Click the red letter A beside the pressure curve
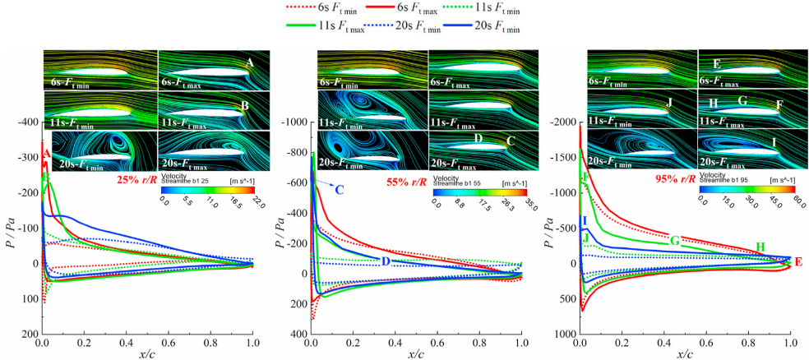click(47, 154)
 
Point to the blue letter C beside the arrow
click(338, 191)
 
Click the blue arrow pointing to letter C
click(323, 185)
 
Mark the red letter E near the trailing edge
click(797, 263)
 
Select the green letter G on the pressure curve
click(674, 241)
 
